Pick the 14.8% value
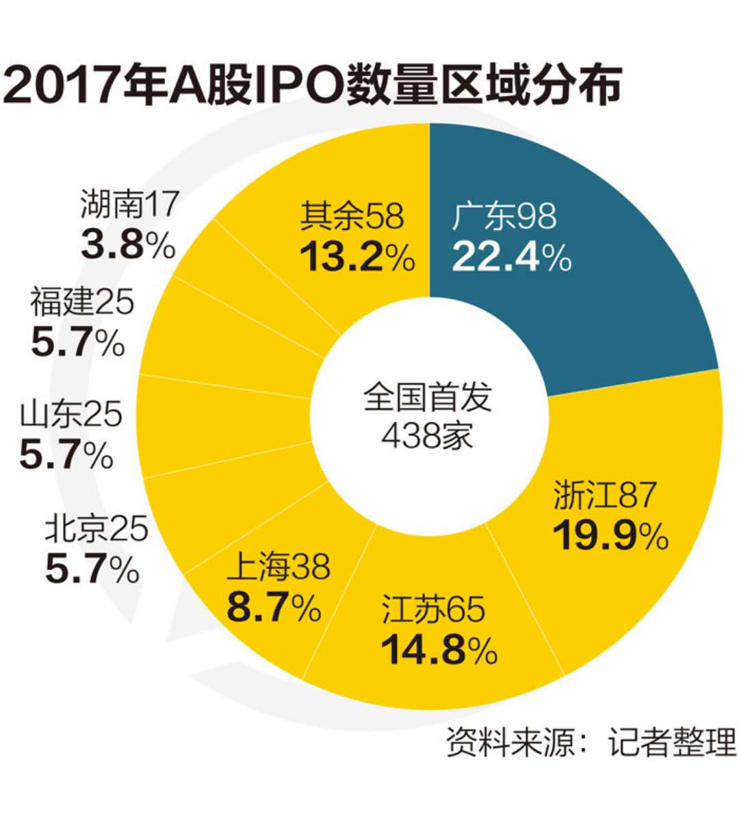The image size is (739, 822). (439, 650)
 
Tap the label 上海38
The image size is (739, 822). (278, 567)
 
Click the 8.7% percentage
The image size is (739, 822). (273, 606)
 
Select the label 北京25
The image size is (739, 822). (96, 529)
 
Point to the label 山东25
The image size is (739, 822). (71, 415)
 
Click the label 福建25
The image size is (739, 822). (82, 302)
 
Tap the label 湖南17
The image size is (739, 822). (130, 203)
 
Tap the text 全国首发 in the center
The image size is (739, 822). (427, 397)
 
